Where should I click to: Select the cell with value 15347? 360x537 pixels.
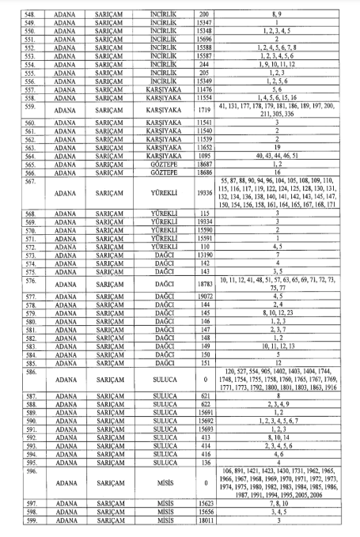[205, 22]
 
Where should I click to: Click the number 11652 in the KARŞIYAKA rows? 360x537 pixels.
[205, 146]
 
